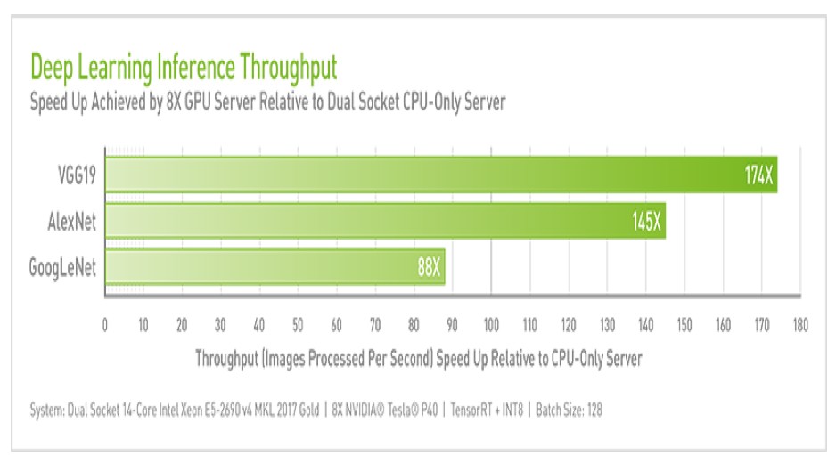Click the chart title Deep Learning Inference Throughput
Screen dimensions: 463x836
[x=184, y=69]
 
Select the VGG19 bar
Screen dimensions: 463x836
[x=441, y=175]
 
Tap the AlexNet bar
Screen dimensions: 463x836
[x=385, y=221]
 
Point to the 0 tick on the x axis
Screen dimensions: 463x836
[x=105, y=325]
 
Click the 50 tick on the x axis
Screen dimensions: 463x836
[x=298, y=325]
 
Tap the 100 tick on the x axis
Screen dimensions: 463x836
[x=491, y=325]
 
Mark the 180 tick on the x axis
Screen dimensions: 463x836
[x=799, y=325]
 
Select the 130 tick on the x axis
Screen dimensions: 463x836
[x=607, y=325]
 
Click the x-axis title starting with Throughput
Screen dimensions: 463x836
[x=418, y=358]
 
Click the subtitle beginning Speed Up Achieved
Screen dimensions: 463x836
[x=267, y=102]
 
